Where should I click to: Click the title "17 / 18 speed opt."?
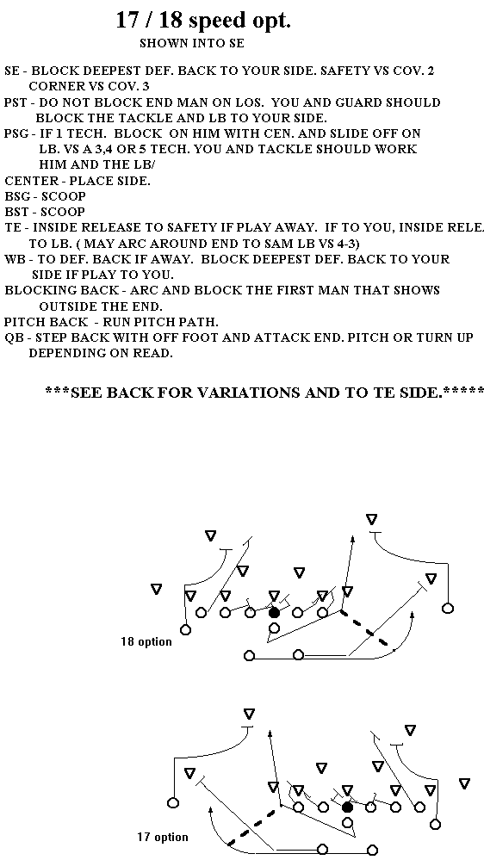(203, 21)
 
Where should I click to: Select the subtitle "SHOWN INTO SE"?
(192, 43)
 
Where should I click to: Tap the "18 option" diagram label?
(146, 641)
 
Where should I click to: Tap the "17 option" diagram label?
(163, 837)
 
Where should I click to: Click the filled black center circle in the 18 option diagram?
(275, 613)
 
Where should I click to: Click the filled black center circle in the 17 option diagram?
(347, 807)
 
